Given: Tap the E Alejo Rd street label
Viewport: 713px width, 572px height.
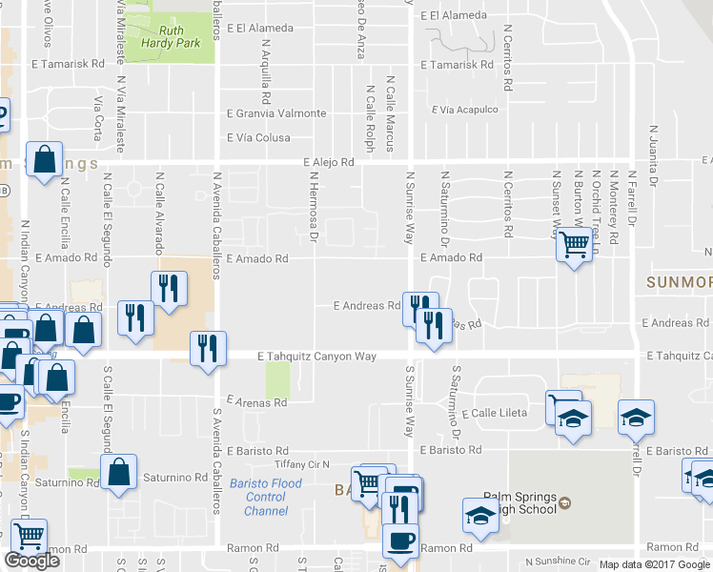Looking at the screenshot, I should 329,162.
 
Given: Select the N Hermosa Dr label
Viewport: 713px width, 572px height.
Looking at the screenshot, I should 312,205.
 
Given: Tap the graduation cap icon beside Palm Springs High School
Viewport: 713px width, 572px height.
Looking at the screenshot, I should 480,516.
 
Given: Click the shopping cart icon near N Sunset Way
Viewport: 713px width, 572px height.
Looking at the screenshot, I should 574,245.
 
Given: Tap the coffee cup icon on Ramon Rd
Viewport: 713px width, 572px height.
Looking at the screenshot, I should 399,539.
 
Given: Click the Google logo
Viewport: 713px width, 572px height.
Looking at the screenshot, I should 31,561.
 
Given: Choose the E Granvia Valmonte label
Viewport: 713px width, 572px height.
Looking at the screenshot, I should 276,113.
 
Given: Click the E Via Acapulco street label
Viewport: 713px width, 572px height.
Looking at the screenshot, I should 465,110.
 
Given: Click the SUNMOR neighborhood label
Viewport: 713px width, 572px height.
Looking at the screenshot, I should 679,282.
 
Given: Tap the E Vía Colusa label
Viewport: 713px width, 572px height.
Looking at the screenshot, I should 258,137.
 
